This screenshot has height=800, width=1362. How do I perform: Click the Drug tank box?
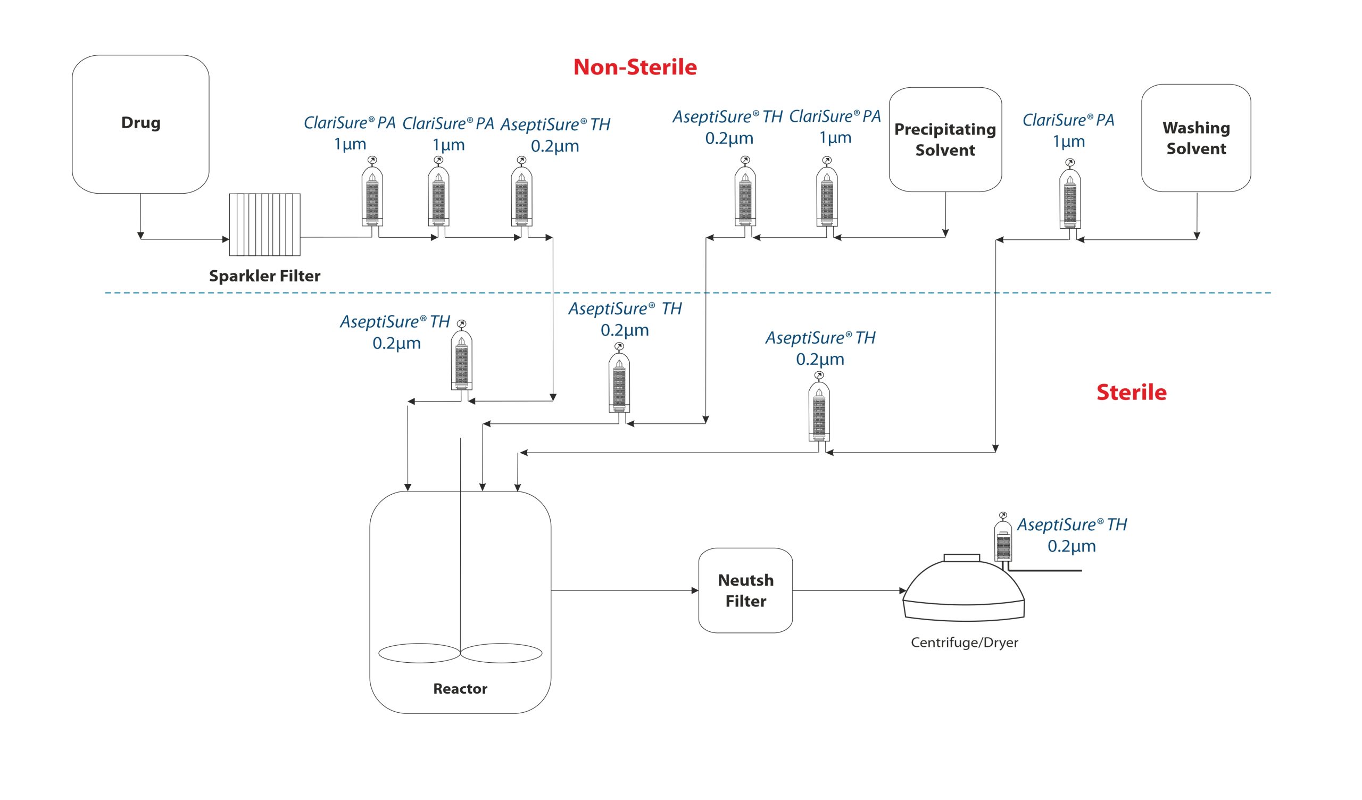point(140,124)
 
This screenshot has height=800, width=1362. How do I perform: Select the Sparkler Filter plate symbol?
point(265,224)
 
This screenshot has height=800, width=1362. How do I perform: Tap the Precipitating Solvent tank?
point(945,139)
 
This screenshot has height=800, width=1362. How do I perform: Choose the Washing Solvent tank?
point(1196,138)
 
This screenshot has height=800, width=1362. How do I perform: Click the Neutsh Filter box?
point(745,590)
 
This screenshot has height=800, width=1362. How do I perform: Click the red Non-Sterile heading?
point(635,67)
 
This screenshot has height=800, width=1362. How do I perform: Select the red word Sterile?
point(1131,393)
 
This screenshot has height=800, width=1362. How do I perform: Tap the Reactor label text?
point(460,689)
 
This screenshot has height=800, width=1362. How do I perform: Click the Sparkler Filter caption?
point(265,276)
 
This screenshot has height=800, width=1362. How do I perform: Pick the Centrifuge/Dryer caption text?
point(964,643)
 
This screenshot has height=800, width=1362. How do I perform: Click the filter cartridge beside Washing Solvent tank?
point(1070,198)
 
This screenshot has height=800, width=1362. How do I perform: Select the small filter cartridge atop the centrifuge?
point(1003,540)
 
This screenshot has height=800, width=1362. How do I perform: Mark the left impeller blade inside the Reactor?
point(419,653)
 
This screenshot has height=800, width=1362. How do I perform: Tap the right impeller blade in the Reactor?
point(501,653)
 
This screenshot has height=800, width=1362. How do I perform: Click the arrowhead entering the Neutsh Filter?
point(695,590)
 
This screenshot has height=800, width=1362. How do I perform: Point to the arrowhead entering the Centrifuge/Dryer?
point(903,590)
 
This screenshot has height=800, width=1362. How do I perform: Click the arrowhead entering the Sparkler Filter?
point(226,239)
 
